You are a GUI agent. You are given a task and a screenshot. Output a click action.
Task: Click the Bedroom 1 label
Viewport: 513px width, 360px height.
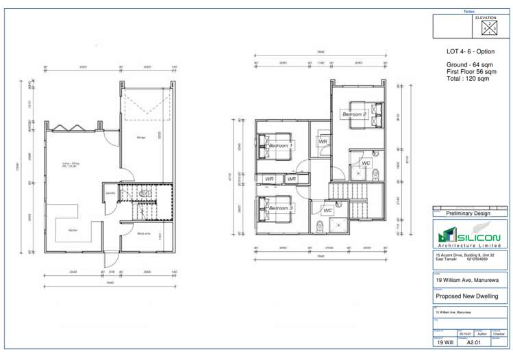280,146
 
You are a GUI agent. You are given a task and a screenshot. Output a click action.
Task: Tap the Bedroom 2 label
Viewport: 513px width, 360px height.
355,114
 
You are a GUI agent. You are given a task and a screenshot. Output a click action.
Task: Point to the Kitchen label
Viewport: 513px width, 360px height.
73,231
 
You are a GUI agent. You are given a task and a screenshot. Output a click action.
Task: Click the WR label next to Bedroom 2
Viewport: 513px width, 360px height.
323,142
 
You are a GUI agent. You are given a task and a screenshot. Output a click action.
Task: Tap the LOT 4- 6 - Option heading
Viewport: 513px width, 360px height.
470,51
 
